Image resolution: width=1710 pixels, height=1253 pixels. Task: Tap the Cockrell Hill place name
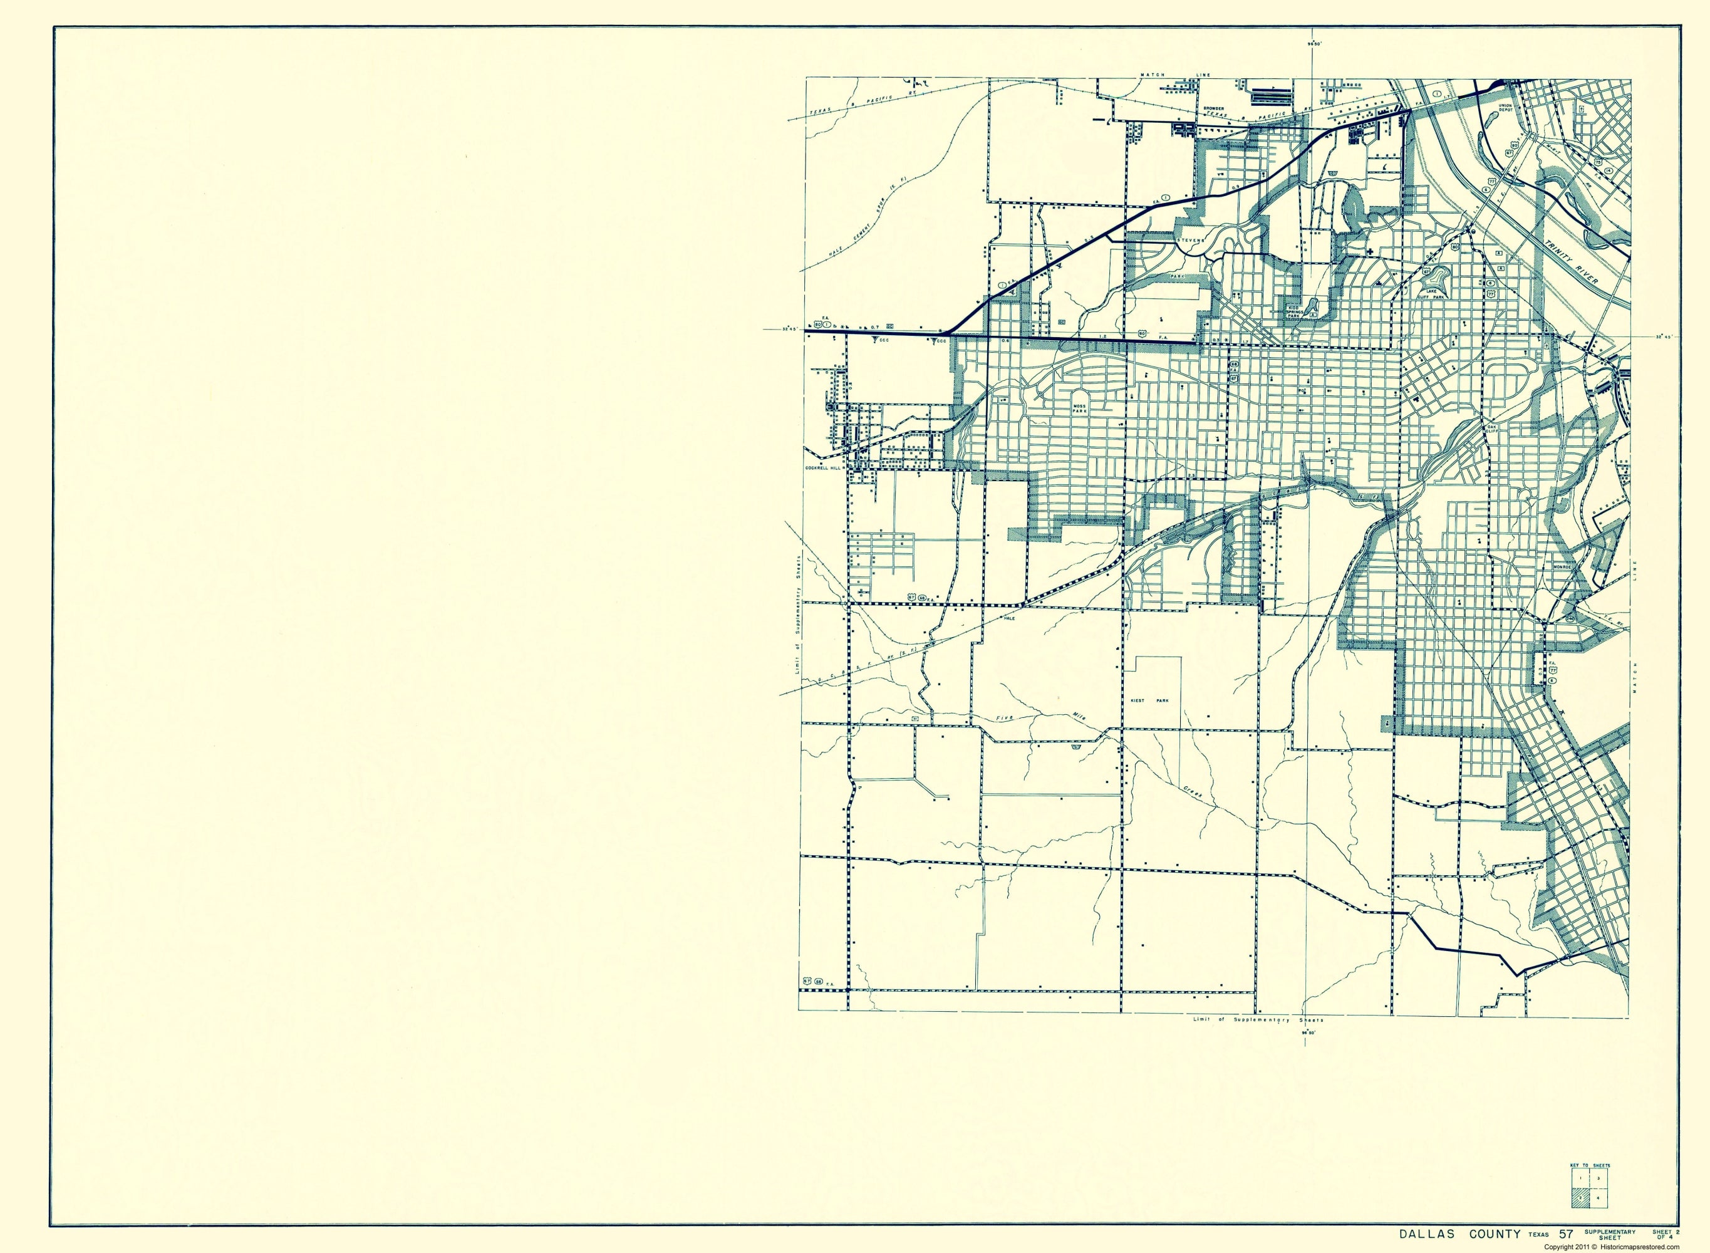[824, 468]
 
